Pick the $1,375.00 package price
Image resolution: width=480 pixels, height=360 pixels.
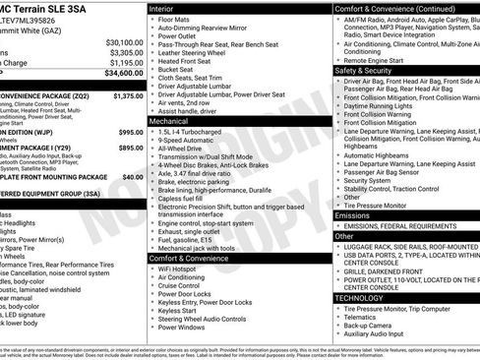coord(127,96)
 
